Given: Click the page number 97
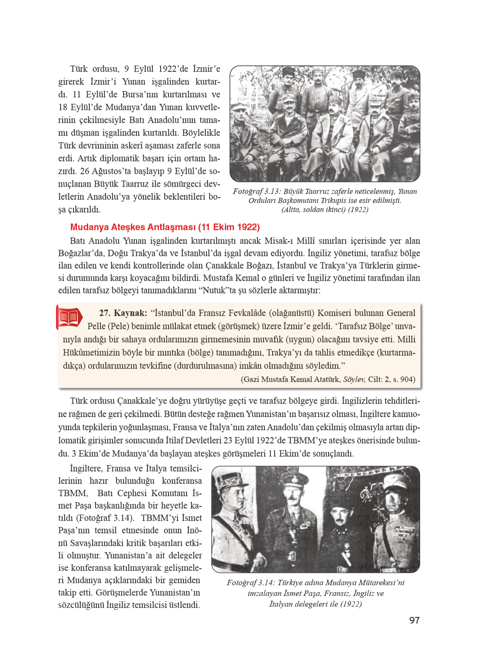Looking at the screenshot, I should [414, 620].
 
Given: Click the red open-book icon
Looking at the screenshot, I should [69, 318].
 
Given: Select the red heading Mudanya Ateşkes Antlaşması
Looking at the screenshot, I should [165, 227].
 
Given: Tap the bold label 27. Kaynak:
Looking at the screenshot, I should [123, 313].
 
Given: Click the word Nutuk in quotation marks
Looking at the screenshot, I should [215, 290].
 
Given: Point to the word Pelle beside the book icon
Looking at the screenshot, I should [96, 326].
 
